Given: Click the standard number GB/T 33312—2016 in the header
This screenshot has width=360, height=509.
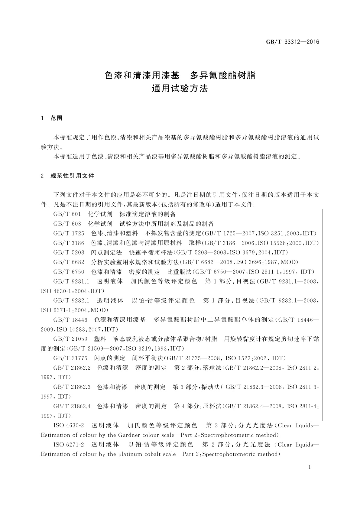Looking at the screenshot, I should [x=292, y=42].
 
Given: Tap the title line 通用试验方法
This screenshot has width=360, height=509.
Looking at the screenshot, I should [x=180, y=89].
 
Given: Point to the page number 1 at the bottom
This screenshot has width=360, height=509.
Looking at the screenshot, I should [x=309, y=467].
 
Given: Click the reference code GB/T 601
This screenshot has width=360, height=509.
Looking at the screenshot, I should [x=67, y=214].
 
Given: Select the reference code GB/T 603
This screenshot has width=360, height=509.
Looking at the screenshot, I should [x=67, y=224].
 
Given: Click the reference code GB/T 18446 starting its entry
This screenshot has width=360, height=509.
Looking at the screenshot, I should [x=70, y=320].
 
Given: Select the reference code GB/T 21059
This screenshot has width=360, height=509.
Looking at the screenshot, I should [x=70, y=339].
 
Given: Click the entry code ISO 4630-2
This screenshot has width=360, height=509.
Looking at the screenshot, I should [x=68, y=426].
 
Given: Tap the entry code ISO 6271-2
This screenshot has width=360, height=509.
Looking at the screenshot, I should [x=68, y=445].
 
